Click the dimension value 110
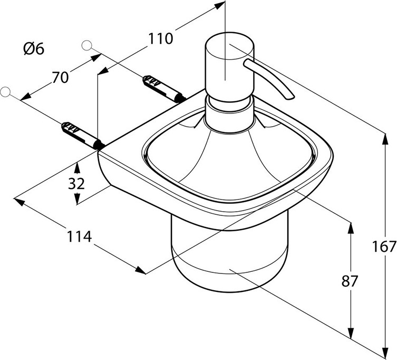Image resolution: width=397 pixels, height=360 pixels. tap(160, 38)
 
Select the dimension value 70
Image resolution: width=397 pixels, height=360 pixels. tap(60, 77)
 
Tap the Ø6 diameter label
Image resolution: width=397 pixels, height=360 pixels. tap(34, 49)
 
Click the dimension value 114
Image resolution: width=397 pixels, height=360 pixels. tap(79, 237)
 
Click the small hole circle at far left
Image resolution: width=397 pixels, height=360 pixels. tap(6, 92)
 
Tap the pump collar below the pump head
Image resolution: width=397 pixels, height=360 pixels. tap(227, 113)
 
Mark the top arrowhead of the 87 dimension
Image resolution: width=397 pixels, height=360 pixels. tap(349, 225)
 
